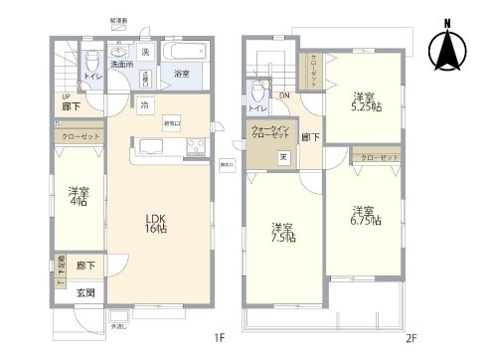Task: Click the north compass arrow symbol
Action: [446, 45]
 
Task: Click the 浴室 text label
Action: [182, 74]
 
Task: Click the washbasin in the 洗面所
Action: [120, 53]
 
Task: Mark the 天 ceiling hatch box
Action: [282, 156]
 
